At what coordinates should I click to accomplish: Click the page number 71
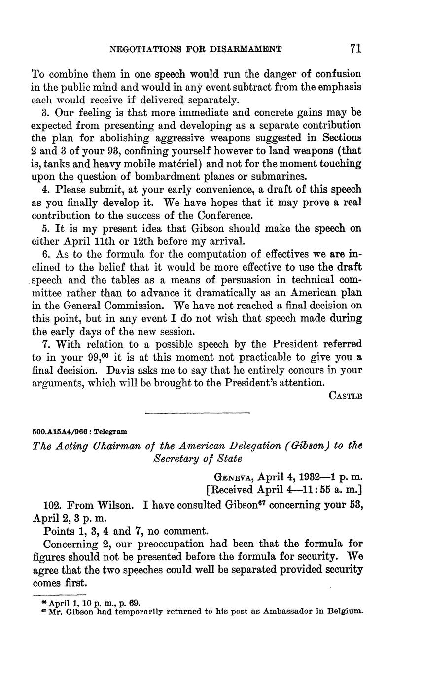tap(355, 48)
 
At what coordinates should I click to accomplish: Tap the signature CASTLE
tap(345, 396)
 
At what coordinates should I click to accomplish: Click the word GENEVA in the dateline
tap(234, 477)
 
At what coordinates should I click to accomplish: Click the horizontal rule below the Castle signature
tap(197, 413)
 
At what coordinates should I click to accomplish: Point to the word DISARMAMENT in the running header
tap(246, 49)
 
